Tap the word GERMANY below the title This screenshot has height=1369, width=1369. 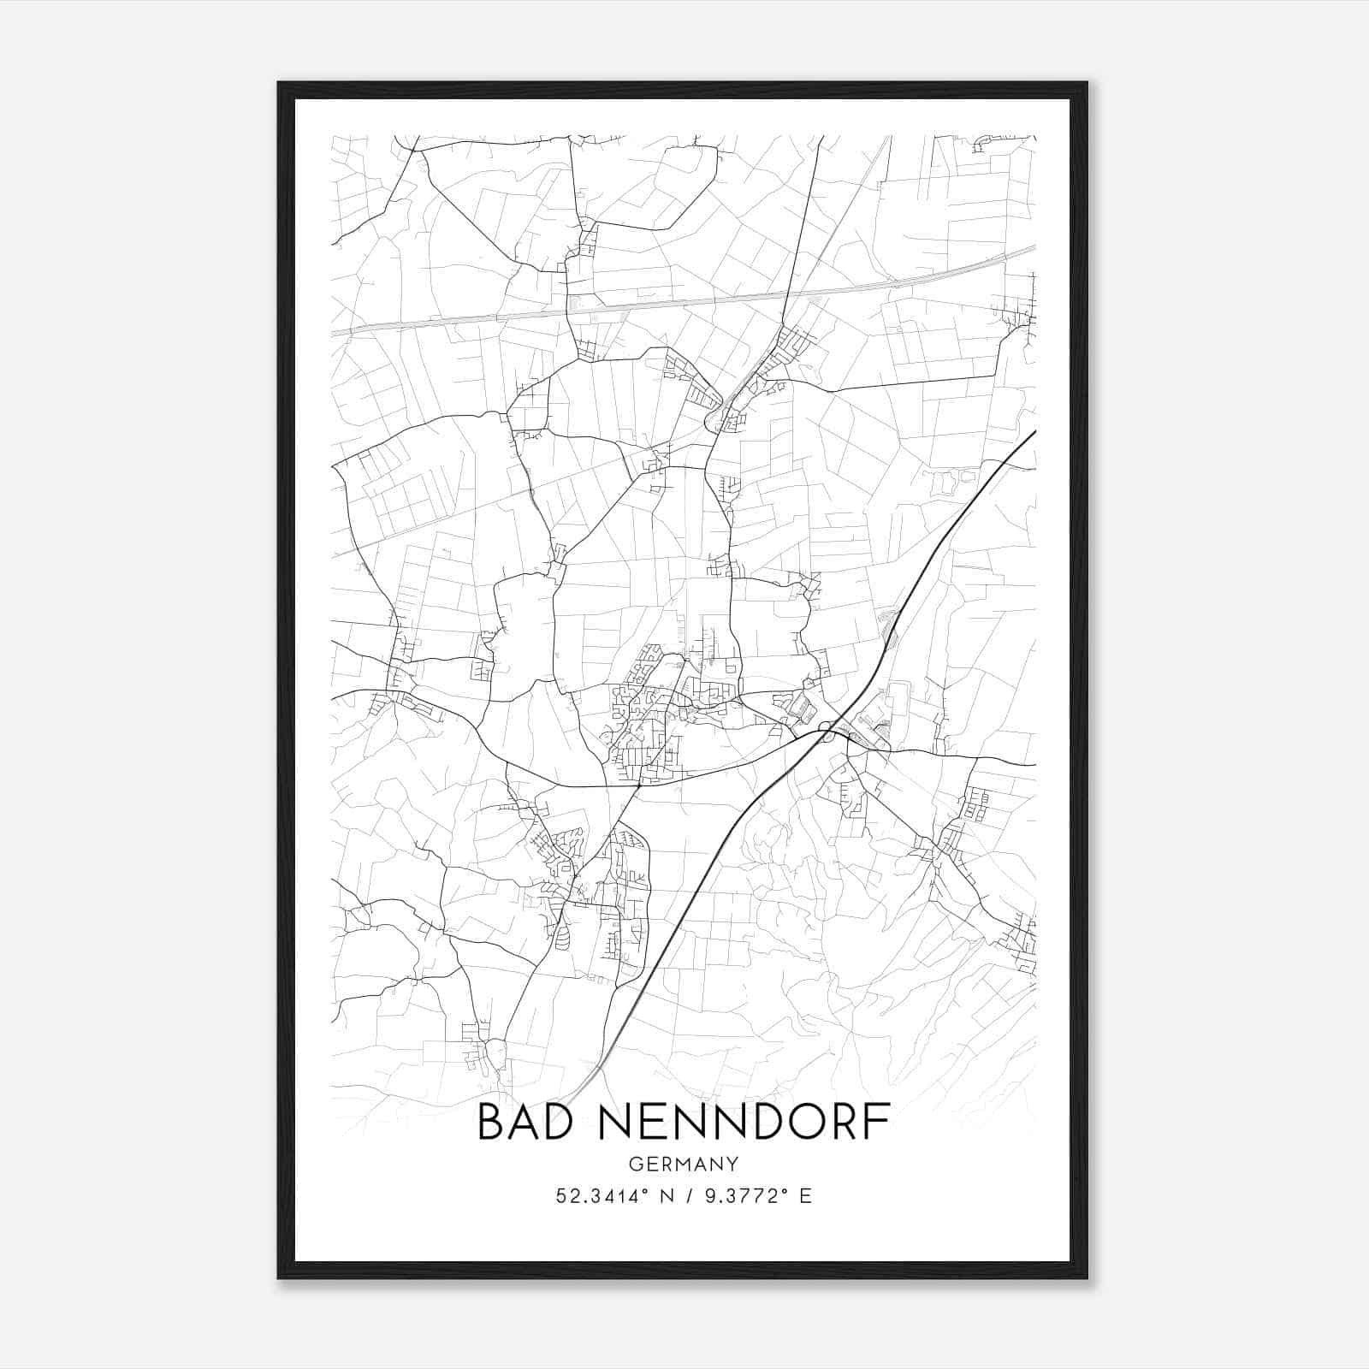(683, 1165)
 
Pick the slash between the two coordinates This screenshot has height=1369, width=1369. (685, 1196)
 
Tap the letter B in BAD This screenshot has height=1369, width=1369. (492, 1122)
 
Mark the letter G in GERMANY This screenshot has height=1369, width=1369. (635, 1165)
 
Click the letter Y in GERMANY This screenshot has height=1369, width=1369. (732, 1165)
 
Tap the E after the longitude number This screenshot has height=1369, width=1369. (805, 1196)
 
